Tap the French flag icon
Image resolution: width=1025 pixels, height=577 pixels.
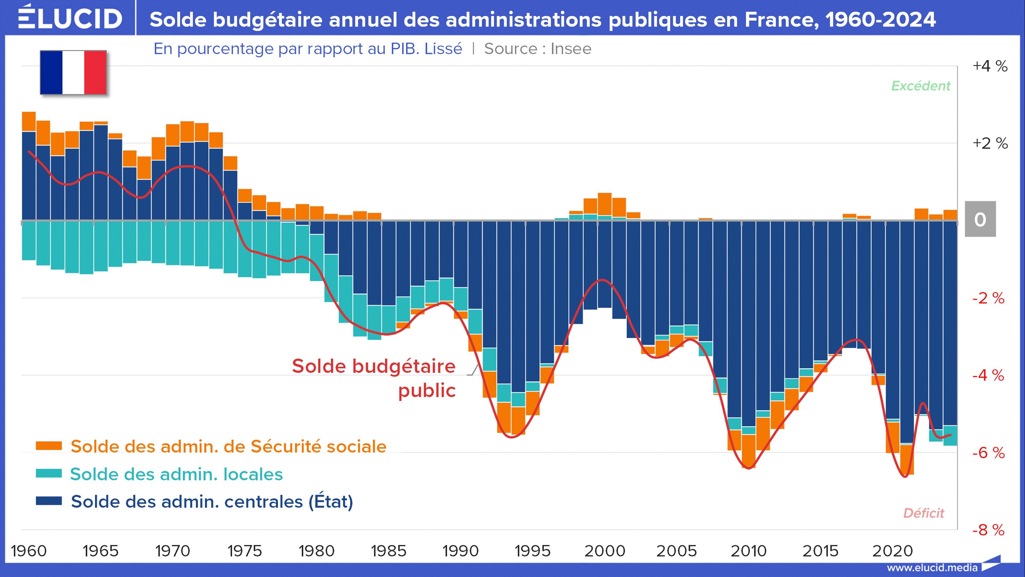[73, 72]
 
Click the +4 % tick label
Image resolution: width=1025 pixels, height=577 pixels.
[990, 66]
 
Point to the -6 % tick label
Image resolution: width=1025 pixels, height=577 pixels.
[988, 452]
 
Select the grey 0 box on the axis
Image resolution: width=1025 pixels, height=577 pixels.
[980, 219]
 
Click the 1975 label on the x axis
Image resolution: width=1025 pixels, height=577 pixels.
[244, 551]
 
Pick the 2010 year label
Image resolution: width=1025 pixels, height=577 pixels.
[748, 551]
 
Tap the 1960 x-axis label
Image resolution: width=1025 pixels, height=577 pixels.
[29, 551]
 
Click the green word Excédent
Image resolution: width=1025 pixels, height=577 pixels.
[920, 86]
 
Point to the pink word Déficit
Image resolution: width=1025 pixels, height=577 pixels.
[923, 513]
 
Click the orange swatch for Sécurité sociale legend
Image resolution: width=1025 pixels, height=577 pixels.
[49, 446]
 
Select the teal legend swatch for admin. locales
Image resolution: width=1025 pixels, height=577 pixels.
[49, 473]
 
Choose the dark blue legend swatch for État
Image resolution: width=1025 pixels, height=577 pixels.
[49, 500]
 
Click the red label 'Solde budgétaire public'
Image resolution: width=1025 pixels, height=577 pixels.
[374, 378]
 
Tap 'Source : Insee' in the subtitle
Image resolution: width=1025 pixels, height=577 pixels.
[538, 49]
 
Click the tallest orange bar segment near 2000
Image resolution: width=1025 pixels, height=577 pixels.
[604, 204]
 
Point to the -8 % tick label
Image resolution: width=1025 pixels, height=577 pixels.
[988, 530]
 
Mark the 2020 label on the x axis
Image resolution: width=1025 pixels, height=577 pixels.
[892, 551]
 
